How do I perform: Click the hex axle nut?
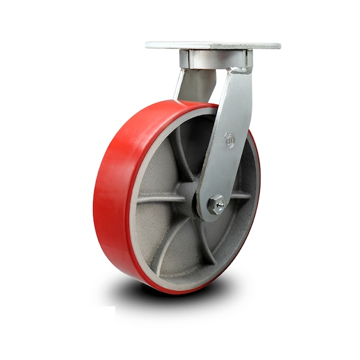point(217,206)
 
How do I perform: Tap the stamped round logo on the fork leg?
point(230,141)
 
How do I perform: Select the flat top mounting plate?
point(213,46)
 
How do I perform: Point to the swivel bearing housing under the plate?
point(215,59)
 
